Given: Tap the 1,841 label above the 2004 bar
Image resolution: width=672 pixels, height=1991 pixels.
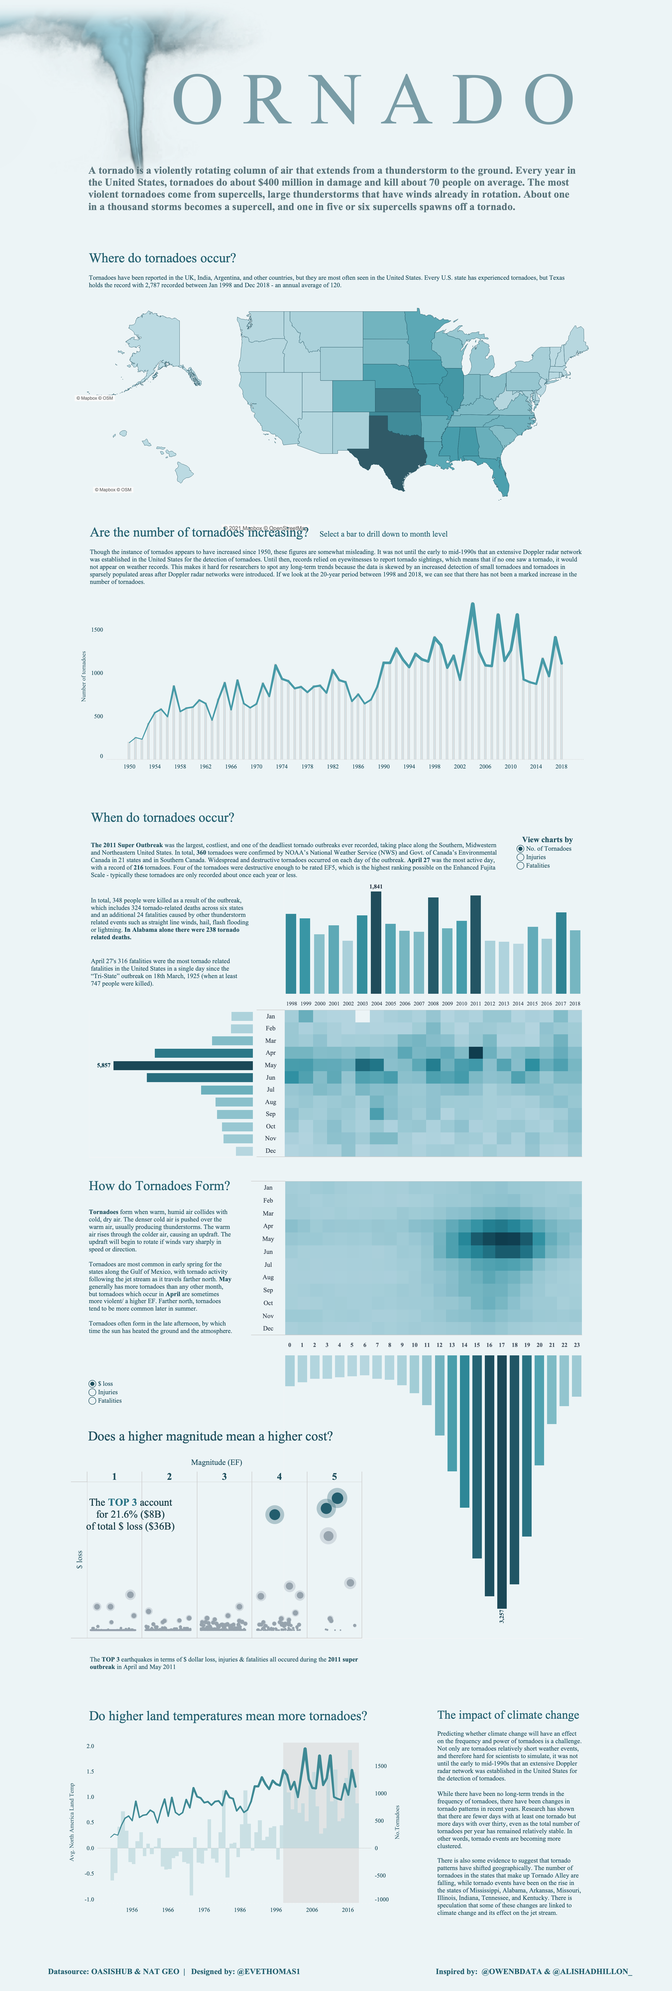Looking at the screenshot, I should coord(376,886).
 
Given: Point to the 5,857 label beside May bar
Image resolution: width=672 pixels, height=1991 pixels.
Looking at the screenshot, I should coord(104,1065).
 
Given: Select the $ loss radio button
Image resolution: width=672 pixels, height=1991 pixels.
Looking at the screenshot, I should coord(93,1383).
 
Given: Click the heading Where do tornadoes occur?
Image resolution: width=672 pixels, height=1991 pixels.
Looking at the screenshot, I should coord(162,258).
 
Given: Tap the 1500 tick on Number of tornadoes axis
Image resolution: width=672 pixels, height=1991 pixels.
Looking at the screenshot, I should coord(97,630).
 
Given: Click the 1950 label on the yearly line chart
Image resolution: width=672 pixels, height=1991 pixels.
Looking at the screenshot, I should coord(129,767).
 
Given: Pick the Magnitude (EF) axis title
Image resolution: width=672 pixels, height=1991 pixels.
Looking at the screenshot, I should coord(217,1462).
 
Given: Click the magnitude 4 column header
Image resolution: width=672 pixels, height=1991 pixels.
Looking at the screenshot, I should coord(279,1476).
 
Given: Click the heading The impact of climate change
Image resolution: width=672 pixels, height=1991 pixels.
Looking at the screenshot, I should coord(508,1715).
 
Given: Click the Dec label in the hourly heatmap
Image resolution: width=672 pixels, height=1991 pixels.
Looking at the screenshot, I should coord(268,1329).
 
